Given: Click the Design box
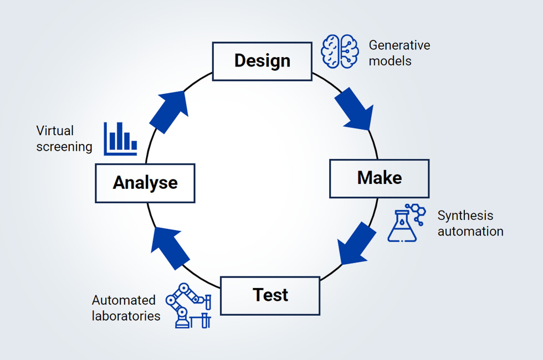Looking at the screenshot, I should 262,61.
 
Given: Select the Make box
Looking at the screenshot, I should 379,178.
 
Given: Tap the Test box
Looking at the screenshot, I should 270,295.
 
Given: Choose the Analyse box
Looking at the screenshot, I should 145,183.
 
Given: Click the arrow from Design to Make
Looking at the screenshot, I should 352,107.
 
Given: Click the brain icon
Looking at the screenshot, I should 340,52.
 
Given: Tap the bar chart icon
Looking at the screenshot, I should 120,138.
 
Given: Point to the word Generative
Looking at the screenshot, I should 399,45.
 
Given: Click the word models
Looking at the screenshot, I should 390,61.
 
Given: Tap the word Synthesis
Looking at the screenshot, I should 465,215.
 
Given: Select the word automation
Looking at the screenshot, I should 470,231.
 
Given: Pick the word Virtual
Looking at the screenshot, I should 55,131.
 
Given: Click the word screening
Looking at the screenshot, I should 64,147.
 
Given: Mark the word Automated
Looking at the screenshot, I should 124,300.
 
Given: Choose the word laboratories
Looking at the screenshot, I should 126,316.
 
